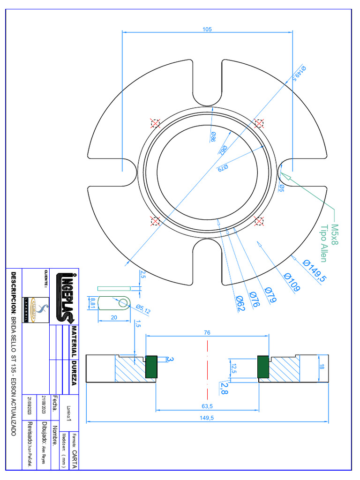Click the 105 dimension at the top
pyautogui.click(x=207, y=29)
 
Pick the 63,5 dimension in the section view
pyautogui.click(x=208, y=406)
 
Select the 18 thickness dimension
pyautogui.click(x=322, y=368)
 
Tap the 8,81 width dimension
pyautogui.click(x=93, y=302)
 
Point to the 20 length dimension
pyautogui.click(x=114, y=317)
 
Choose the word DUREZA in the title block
pyautogui.click(x=74, y=373)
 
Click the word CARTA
pyautogui.click(x=75, y=460)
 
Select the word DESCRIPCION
pyautogui.click(x=14, y=293)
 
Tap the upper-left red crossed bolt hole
pyautogui.click(x=155, y=123)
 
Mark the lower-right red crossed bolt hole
pyautogui.click(x=258, y=220)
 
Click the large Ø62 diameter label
pyautogui.click(x=239, y=304)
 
